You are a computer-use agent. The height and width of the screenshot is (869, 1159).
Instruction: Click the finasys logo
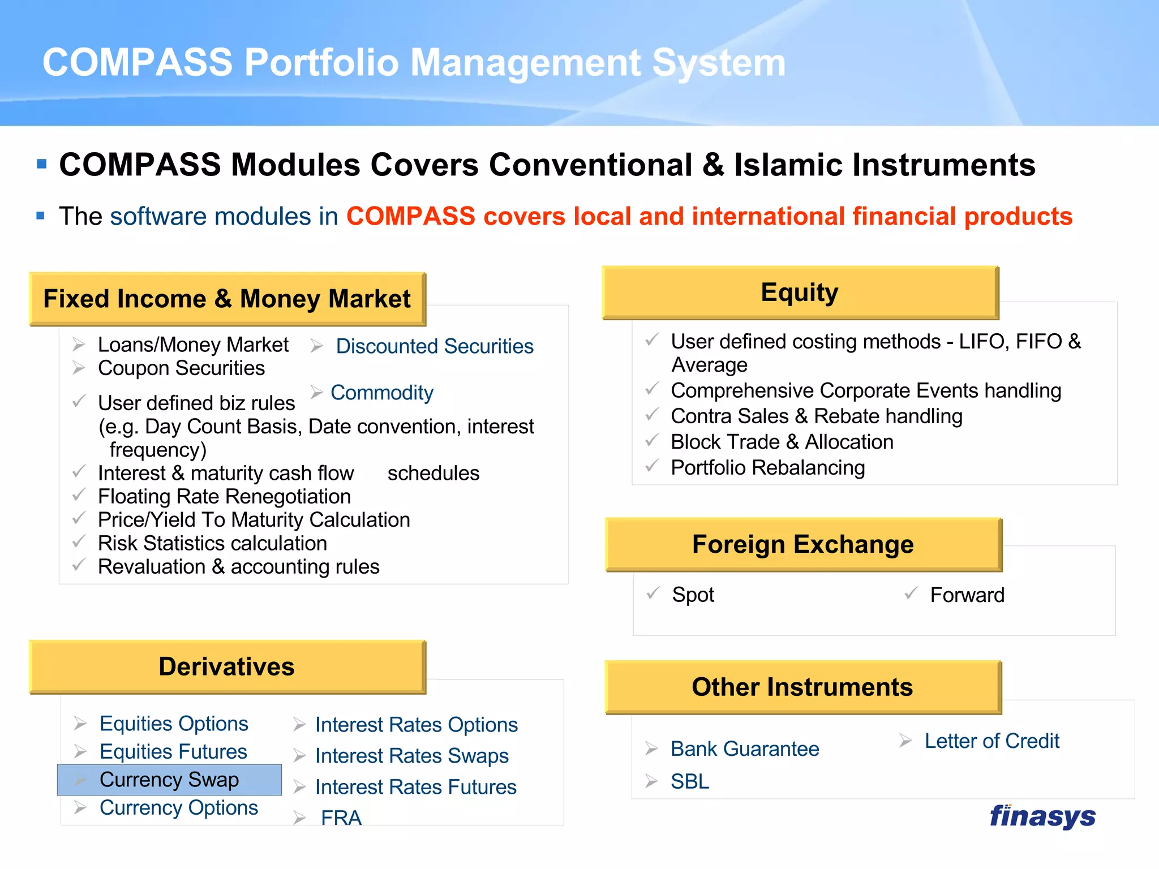(1042, 816)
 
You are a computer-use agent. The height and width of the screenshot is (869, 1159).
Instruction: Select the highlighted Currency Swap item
(169, 780)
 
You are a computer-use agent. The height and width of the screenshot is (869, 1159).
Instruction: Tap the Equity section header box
(800, 293)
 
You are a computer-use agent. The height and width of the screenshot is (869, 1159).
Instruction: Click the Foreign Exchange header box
(803, 544)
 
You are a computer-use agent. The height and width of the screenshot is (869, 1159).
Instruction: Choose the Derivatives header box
(227, 666)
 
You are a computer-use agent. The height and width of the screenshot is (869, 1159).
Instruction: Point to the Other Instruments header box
(802, 687)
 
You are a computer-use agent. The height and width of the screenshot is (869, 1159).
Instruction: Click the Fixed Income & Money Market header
(227, 299)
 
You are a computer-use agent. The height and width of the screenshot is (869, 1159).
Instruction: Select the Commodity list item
(382, 393)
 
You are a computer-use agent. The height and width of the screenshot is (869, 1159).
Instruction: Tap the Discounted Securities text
(435, 346)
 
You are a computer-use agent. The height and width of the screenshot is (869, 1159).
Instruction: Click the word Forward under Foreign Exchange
(967, 595)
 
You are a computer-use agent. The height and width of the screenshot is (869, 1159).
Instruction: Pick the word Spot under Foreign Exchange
(693, 595)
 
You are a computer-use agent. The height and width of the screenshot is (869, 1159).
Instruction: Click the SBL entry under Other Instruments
(689, 782)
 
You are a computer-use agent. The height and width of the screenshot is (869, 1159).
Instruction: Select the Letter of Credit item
(991, 741)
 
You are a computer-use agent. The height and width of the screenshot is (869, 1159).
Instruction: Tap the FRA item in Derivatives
(341, 818)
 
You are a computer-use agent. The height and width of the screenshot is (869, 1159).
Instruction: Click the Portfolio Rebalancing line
(767, 468)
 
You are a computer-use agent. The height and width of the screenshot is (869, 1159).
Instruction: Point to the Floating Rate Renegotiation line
(224, 497)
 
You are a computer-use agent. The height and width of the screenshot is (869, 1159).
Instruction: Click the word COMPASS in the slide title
(138, 62)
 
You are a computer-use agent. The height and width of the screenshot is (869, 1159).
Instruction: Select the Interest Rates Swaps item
(411, 756)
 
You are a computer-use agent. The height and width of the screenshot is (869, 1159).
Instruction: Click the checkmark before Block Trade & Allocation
(652, 440)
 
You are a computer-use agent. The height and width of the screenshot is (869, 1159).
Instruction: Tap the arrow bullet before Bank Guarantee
(651, 749)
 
